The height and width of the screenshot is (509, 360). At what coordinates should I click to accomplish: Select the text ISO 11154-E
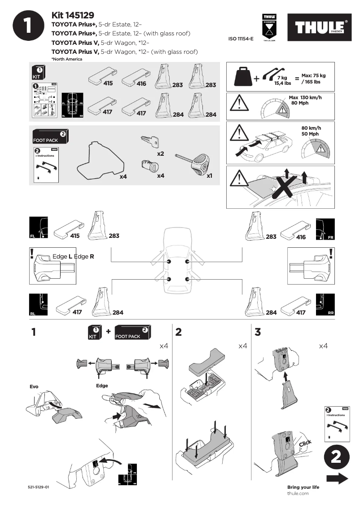point(241,39)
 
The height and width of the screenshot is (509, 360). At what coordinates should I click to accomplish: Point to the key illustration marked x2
point(150,142)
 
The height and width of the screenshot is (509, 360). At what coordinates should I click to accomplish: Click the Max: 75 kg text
point(313,75)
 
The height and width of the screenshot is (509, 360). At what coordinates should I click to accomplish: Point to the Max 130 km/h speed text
point(305,97)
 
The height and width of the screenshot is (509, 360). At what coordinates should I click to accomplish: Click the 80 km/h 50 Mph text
point(310,131)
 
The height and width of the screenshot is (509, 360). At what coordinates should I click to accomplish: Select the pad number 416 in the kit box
point(141,83)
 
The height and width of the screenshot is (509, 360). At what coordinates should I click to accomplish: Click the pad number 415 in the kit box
point(108,83)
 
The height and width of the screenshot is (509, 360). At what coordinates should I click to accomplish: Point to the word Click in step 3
point(305,443)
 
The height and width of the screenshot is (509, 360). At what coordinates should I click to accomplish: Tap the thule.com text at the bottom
point(298,493)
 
